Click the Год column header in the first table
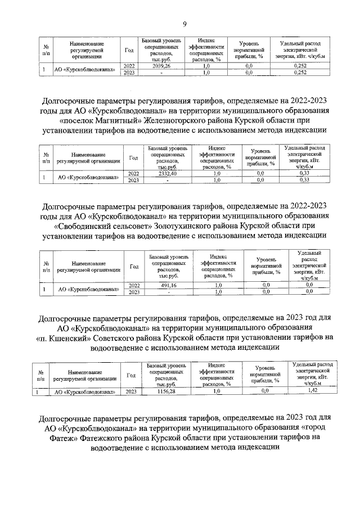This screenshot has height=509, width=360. (129, 49)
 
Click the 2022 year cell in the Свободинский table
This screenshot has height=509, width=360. (134, 285)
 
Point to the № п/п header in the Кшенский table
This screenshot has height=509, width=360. (41, 376)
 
